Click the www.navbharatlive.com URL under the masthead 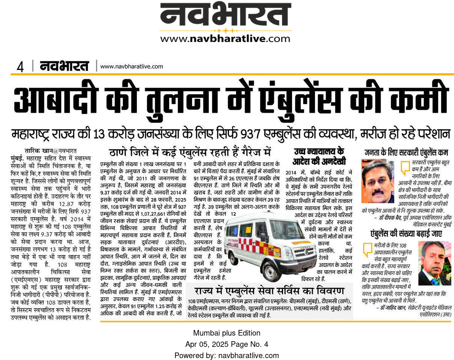click(225, 38)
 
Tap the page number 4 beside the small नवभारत click(20, 67)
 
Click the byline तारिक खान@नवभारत click(50, 151)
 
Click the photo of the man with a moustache click(378, 181)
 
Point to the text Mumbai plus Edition click(227, 333)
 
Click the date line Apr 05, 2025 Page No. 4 click(227, 344)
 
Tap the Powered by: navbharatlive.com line click(227, 355)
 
